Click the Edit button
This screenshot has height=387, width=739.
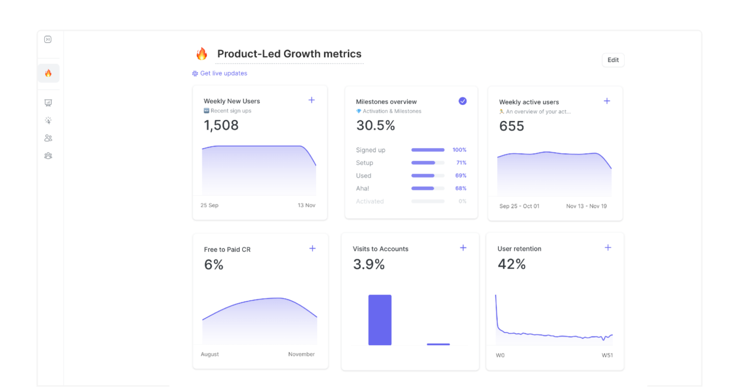tap(613, 60)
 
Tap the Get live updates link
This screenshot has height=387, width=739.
tap(223, 74)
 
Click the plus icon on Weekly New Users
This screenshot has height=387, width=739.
tap(312, 100)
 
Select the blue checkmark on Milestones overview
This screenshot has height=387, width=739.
tap(462, 101)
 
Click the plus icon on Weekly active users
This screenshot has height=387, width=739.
tap(607, 101)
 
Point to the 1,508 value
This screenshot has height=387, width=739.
tap(221, 125)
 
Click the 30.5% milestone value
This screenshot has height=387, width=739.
tap(375, 126)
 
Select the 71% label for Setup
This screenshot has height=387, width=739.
tap(461, 163)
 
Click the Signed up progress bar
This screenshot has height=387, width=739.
tap(428, 150)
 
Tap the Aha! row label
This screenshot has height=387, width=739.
tap(363, 189)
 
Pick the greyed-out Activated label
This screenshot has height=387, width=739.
tap(369, 202)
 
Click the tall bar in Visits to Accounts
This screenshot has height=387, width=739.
tap(380, 320)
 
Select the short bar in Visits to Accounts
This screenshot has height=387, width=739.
tap(438, 344)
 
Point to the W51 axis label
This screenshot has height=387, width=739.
tap(607, 356)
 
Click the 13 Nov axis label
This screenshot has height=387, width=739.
tap(306, 206)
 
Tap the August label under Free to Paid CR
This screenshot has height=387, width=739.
tap(210, 354)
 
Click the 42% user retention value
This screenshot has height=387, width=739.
tap(511, 264)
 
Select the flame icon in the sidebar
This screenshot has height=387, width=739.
tap(48, 73)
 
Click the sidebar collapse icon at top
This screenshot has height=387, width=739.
tap(48, 39)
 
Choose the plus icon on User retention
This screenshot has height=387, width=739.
tap(608, 248)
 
